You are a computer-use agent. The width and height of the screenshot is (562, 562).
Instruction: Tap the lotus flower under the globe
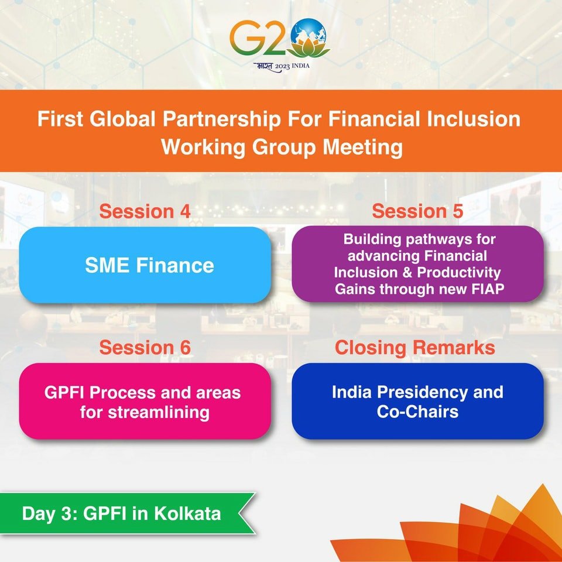pos(309,49)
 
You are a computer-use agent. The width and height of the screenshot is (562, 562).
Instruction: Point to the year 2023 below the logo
pos(282,67)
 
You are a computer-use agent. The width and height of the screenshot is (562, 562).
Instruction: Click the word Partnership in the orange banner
pos(222,119)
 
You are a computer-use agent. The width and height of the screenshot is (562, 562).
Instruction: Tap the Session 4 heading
pos(145,211)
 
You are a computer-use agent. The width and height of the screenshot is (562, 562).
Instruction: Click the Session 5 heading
pos(417,211)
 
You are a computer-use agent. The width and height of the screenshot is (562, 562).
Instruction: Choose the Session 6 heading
pos(145,347)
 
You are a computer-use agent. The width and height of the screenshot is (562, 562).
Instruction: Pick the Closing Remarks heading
pos(415,347)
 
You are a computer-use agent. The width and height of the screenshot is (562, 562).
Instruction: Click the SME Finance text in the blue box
pos(149,266)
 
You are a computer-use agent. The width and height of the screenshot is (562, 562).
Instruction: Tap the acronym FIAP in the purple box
pos(487,289)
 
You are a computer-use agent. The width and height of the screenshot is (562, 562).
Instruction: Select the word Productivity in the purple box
pos(459,273)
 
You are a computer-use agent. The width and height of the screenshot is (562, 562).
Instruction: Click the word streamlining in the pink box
pos(159,413)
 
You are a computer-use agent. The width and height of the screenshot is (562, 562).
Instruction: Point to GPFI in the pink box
pos(64,393)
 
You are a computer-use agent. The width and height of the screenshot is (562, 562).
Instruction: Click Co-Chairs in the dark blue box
pos(417,412)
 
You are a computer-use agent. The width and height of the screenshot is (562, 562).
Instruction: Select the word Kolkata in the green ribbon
pos(187,513)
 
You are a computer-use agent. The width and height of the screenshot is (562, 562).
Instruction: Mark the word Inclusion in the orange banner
pos(473,119)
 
